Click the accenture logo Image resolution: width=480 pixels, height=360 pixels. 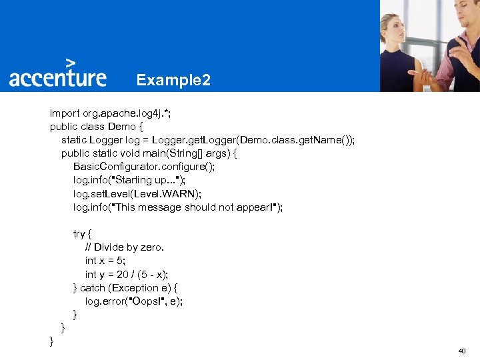click(x=57, y=77)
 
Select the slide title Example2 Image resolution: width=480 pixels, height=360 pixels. click(x=173, y=81)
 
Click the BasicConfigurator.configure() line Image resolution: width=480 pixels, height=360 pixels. click(x=144, y=167)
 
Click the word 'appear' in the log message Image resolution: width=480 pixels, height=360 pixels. click(x=253, y=207)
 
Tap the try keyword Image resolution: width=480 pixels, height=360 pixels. click(x=79, y=234)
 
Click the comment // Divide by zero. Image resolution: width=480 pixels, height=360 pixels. click(x=125, y=247)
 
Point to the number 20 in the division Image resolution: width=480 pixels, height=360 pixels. click(x=122, y=274)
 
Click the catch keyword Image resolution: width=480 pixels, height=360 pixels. click(x=93, y=288)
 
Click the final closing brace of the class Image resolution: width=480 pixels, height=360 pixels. click(x=51, y=341)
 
